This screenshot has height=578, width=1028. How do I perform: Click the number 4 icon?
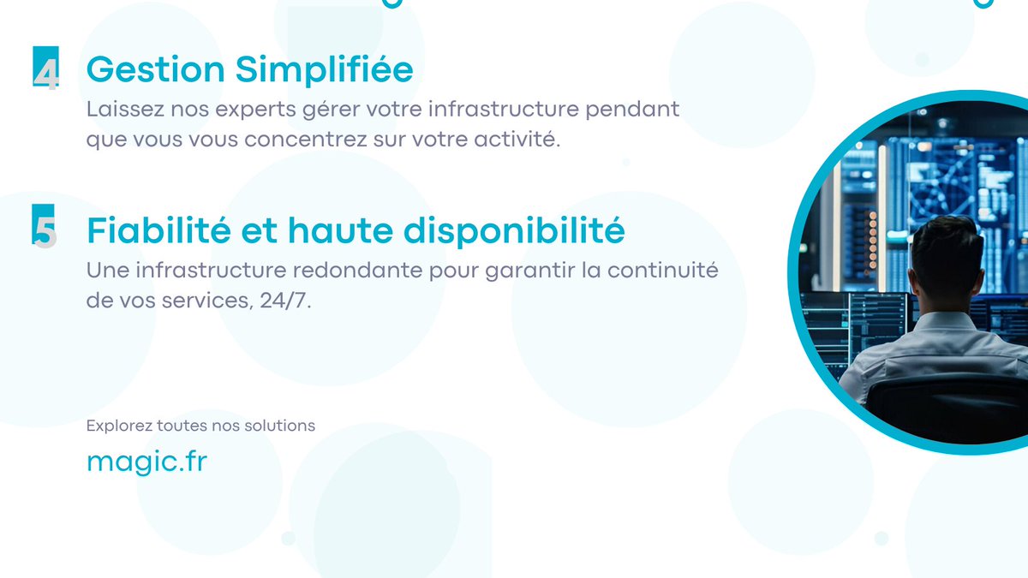(46, 69)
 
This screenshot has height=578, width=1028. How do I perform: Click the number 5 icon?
(45, 229)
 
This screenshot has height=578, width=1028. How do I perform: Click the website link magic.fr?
(146, 462)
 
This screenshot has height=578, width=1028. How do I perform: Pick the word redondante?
(385, 271)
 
